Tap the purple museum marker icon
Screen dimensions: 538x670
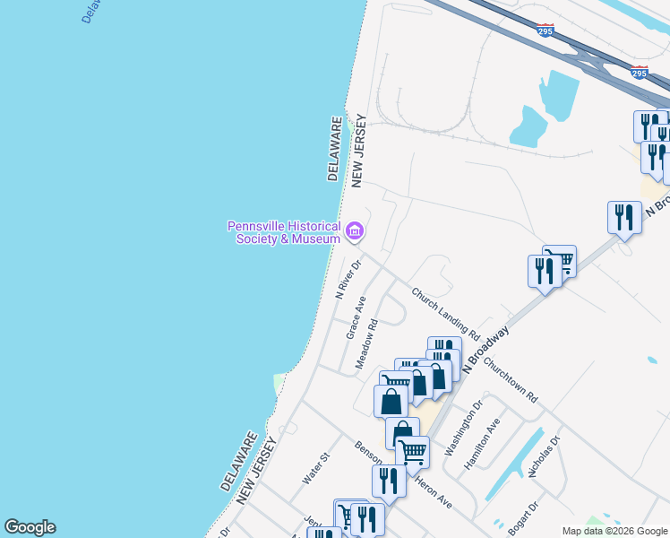point(355,233)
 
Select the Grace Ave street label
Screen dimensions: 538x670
point(356,317)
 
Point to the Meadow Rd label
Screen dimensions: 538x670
point(367,343)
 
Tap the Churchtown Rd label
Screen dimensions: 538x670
point(511,381)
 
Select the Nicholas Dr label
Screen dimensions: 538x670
point(545,456)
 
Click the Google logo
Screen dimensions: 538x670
point(30,527)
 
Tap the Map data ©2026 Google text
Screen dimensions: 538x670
point(615,531)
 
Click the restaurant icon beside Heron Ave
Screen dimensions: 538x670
point(389,481)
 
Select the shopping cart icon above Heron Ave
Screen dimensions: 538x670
point(412,451)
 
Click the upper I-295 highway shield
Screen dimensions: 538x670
point(545,30)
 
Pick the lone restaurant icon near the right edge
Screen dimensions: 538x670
point(623,217)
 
